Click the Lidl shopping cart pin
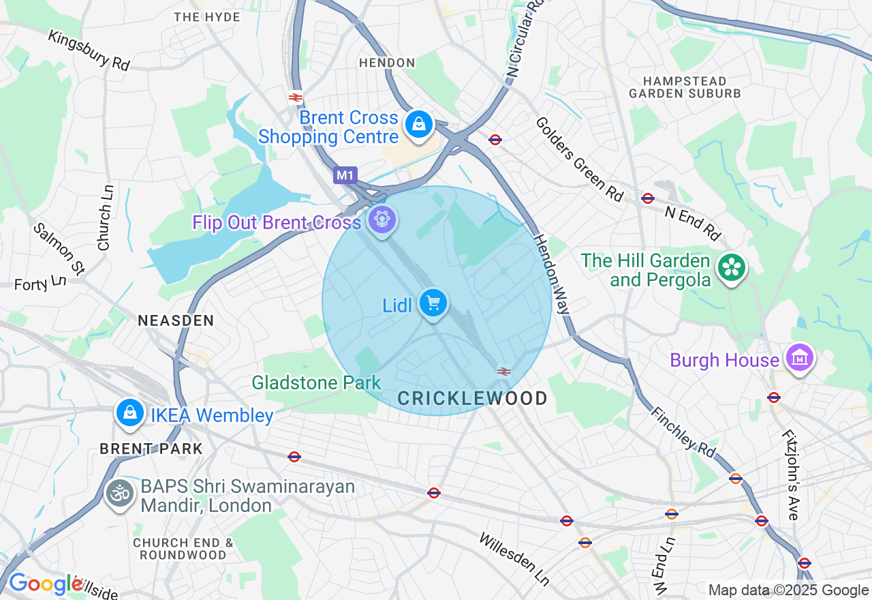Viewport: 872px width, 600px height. (433, 303)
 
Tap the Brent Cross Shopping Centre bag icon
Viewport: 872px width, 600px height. (418, 125)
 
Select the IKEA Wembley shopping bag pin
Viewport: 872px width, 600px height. (129, 412)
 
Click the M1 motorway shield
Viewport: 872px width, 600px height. (345, 175)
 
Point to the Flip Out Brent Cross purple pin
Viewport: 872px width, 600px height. (381, 220)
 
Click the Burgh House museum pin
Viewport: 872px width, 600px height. (799, 357)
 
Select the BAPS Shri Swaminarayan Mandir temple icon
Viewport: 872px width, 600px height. (120, 494)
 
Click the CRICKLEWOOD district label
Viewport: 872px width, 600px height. (472, 399)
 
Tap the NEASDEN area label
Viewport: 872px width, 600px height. (176, 320)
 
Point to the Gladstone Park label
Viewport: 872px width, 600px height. (316, 382)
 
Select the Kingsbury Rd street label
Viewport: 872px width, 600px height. (89, 50)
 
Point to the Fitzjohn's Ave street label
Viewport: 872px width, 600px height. (790, 475)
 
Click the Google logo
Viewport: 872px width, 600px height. (46, 584)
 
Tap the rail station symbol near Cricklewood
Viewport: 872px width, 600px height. (504, 371)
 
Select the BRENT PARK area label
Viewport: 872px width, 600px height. (151, 449)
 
